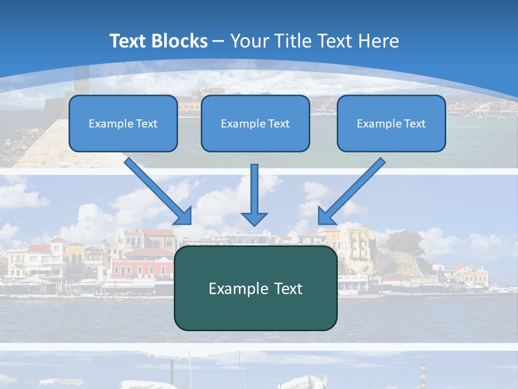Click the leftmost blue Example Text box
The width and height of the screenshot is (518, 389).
123,123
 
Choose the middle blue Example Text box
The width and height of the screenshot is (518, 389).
255,123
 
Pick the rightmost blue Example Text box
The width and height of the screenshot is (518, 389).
391,123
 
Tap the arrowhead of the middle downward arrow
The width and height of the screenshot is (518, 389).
254,219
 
